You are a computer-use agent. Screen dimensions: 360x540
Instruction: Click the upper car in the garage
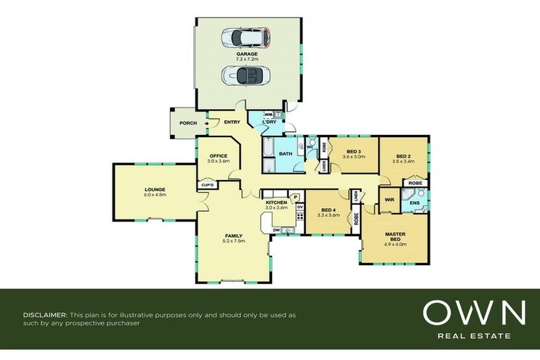tap(245, 37)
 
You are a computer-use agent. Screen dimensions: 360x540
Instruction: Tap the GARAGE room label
tap(247, 54)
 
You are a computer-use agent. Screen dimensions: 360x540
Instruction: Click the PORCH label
tap(188, 123)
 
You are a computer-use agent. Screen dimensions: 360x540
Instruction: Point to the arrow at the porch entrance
tap(206, 123)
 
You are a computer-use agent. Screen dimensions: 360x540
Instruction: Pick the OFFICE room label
tap(219, 155)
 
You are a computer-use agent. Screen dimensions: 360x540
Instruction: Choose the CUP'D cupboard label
tap(207, 185)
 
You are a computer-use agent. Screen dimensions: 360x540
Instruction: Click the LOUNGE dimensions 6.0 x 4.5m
tap(155, 195)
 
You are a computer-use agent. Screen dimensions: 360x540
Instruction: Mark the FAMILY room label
tap(233, 236)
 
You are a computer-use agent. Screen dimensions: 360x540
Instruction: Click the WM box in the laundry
tap(269, 114)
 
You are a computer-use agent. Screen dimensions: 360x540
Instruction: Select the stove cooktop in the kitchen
tap(299, 218)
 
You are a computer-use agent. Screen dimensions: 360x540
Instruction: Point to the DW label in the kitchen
tap(277, 229)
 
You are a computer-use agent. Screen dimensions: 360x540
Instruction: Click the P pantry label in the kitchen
tap(296, 197)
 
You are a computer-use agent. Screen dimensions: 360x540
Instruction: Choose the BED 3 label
tap(354, 152)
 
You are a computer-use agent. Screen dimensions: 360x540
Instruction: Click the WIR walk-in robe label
tap(390, 200)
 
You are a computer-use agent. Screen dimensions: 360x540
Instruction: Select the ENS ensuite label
tap(415, 204)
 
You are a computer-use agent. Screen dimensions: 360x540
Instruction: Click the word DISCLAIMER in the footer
tap(46, 315)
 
